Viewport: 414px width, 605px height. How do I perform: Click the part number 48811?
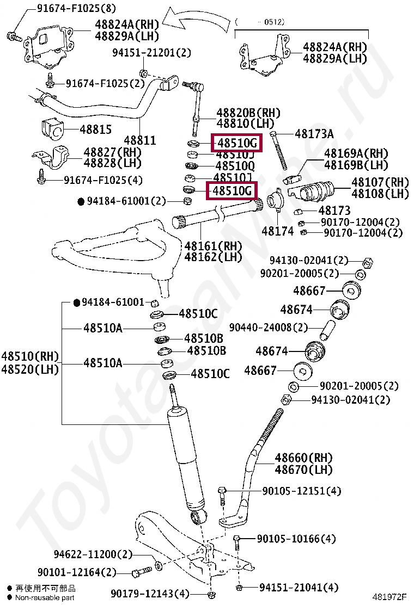click(x=140, y=140)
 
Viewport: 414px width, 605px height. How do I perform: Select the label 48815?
click(x=96, y=129)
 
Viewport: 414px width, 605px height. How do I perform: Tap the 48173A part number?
click(x=314, y=134)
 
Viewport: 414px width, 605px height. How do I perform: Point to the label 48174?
click(x=277, y=231)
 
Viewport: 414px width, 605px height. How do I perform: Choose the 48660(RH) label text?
click(x=303, y=458)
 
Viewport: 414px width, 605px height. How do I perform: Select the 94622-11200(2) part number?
click(x=93, y=554)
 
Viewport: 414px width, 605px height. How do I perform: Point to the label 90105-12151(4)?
click(x=302, y=491)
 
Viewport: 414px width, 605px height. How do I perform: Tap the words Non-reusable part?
click(x=45, y=597)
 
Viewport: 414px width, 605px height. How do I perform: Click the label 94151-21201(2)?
click(x=152, y=53)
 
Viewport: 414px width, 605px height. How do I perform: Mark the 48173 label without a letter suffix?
click(x=334, y=211)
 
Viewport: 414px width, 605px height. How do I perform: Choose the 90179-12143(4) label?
click(x=150, y=593)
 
